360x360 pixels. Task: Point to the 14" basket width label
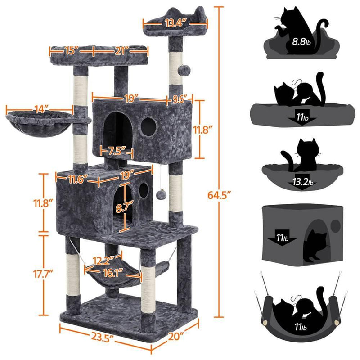click(x=40, y=108)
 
